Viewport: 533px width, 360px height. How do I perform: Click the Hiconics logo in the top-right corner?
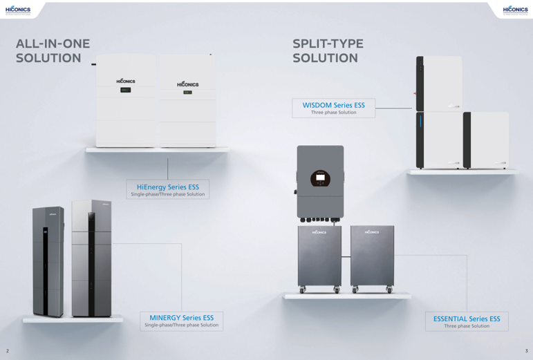click(515, 10)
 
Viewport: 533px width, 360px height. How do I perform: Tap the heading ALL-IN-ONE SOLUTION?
click(53, 50)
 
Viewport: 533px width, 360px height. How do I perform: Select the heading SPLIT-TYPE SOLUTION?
click(328, 50)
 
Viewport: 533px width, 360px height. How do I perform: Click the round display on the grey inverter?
click(320, 178)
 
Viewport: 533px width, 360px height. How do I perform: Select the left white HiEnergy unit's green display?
click(125, 90)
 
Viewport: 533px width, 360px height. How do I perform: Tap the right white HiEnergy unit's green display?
click(187, 93)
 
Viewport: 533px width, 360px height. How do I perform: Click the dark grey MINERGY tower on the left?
click(48, 262)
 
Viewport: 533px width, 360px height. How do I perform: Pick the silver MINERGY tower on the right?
click(91, 259)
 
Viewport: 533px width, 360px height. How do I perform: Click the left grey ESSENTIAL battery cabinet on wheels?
click(319, 257)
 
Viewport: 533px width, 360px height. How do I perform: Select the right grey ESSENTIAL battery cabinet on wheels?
click(372, 257)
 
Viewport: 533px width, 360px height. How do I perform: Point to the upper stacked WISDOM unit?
click(439, 83)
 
